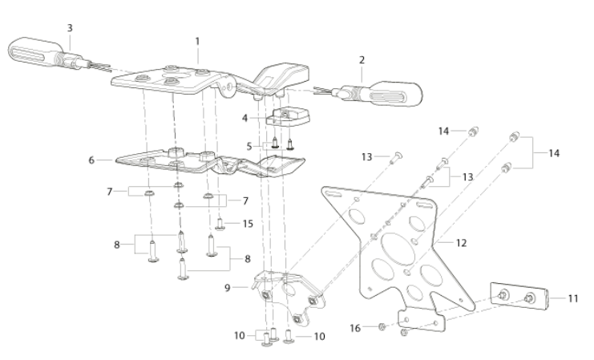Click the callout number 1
click(197, 41)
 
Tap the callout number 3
click(70, 28)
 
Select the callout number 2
click(362, 60)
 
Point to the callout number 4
click(244, 118)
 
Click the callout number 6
click(91, 160)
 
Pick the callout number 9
click(228, 288)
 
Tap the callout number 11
click(573, 298)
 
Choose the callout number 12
click(461, 243)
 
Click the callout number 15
click(248, 224)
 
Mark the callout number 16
click(355, 328)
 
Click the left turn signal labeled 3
click(57, 54)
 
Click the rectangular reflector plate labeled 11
click(519, 296)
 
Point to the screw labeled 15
click(220, 224)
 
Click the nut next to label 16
click(382, 326)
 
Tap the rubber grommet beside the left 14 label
click(473, 131)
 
